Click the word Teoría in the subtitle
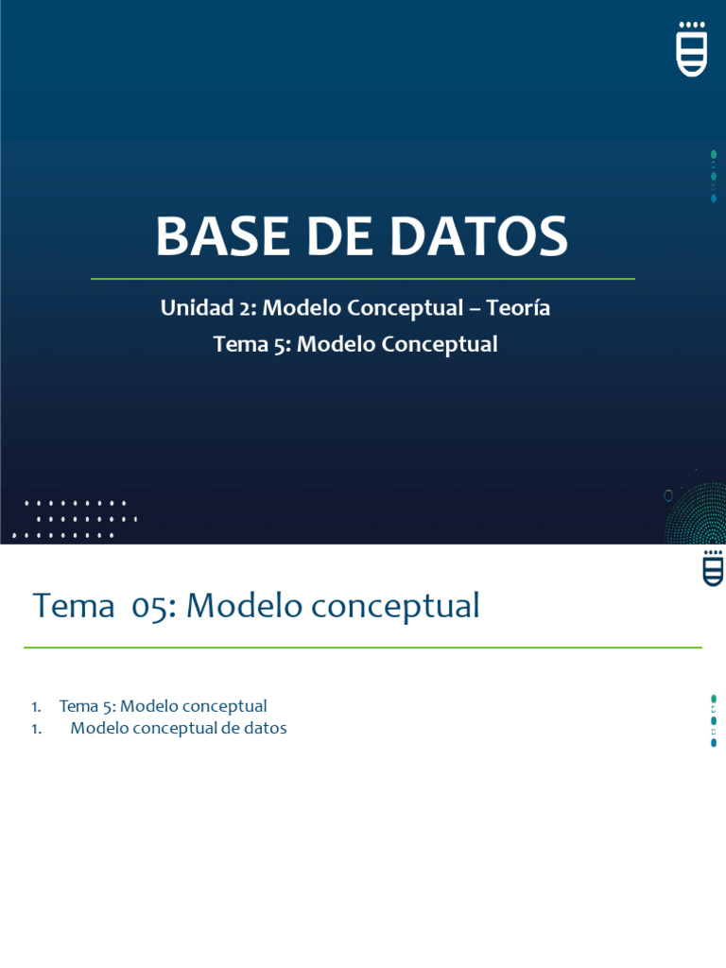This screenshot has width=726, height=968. coord(519,308)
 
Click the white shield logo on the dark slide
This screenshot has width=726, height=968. coord(692,53)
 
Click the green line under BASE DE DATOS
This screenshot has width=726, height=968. coord(362,279)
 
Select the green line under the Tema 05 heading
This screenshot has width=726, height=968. coord(362,648)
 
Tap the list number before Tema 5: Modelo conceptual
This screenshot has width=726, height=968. coord(36,706)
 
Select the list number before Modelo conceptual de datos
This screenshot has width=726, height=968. coord(36,729)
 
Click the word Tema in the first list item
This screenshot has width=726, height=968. coord(78,706)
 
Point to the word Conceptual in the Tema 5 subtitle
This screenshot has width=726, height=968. coord(440,344)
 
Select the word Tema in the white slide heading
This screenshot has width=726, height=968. coord(74,606)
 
